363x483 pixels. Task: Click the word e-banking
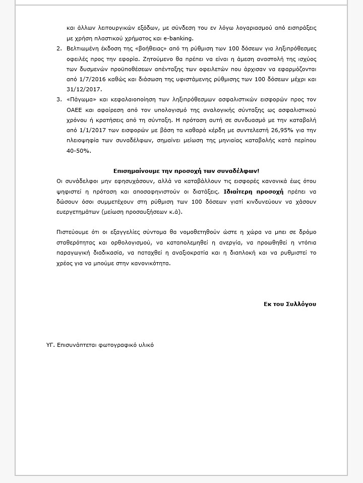click(x=179, y=38)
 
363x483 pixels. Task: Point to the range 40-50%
click(x=80, y=151)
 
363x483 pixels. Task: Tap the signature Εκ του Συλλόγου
click(x=290, y=304)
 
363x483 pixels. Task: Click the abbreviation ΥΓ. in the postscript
click(x=49, y=345)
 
